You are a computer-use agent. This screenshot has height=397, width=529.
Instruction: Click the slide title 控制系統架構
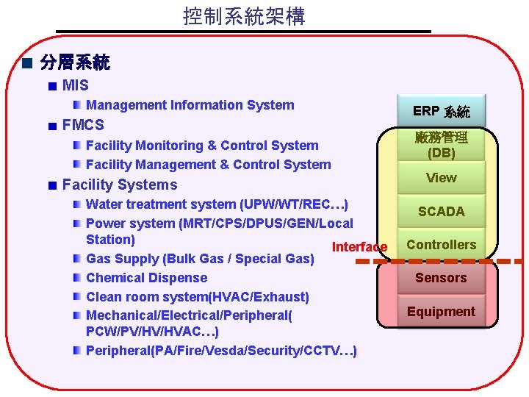(244, 16)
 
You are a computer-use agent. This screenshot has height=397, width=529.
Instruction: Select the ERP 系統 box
(441, 111)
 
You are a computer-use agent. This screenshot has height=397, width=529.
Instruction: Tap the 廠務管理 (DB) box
(441, 145)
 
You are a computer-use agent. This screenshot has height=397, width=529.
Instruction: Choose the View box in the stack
(441, 178)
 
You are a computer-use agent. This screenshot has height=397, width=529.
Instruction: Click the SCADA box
(441, 212)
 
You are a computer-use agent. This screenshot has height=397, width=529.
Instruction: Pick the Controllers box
(441, 245)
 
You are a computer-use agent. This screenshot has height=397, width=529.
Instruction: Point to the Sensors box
(441, 278)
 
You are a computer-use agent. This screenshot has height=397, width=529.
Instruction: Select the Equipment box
(441, 312)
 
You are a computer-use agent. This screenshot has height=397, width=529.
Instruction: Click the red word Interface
(359, 247)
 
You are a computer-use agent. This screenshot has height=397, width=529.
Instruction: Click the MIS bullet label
(76, 86)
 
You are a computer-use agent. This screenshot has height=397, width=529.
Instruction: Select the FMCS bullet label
(83, 125)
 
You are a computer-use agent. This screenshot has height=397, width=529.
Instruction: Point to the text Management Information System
(190, 105)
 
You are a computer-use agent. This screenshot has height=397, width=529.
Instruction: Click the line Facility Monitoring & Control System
(202, 146)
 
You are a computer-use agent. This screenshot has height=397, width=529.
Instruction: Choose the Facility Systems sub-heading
(120, 185)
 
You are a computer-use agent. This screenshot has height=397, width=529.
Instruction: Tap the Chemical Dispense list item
(146, 278)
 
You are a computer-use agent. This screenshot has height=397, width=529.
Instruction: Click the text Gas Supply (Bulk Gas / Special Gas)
(200, 259)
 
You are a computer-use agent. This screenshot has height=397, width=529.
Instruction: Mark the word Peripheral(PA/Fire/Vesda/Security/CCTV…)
(221, 350)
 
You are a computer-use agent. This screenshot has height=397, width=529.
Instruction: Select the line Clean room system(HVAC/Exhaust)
(197, 297)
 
